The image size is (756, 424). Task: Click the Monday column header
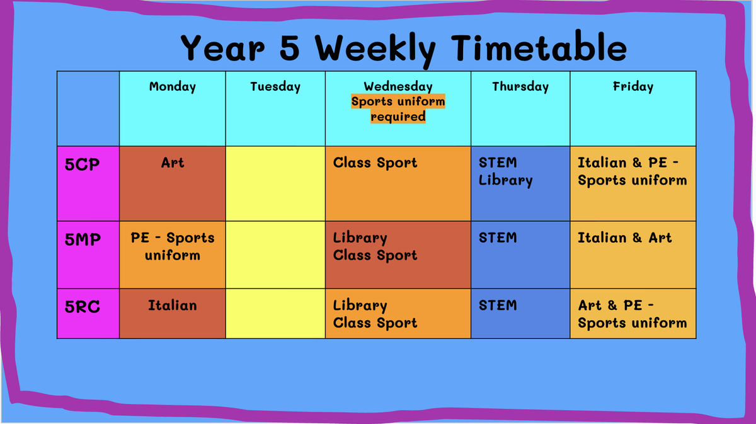[x=173, y=87]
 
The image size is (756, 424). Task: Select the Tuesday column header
[x=275, y=87]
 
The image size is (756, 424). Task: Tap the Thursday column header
[x=520, y=87]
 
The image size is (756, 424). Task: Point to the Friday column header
[x=633, y=87]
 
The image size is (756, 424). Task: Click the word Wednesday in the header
[x=398, y=87]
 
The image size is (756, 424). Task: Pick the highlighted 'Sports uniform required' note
[x=398, y=109]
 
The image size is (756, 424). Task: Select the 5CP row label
[x=82, y=164]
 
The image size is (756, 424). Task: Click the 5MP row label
[x=83, y=239]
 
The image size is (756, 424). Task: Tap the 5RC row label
[x=83, y=307]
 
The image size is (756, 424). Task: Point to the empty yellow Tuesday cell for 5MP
[x=275, y=255]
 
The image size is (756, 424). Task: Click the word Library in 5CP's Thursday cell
[x=505, y=180]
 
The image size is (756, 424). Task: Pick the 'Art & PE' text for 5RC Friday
[x=616, y=306]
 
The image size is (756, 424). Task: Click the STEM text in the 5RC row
[x=498, y=306]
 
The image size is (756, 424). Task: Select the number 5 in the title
[x=290, y=48]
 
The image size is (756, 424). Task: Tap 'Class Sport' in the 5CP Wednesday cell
[x=375, y=163]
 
